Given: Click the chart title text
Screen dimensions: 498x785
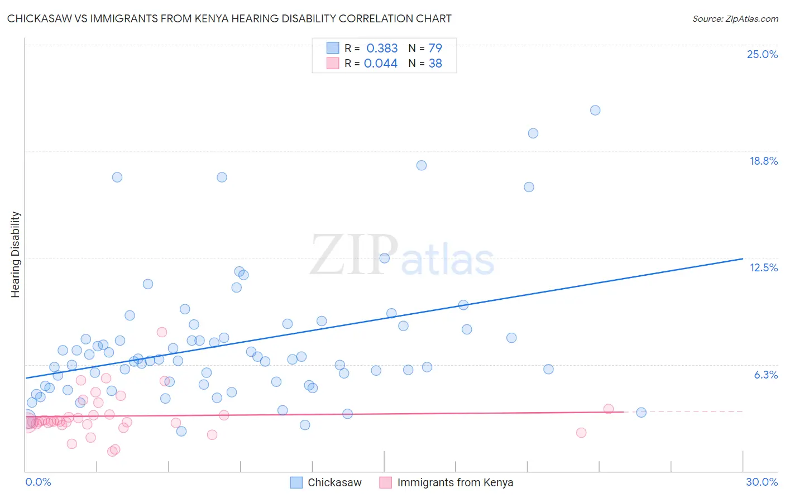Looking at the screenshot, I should coord(229,19).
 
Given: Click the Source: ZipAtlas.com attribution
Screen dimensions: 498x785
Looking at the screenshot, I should coord(735,19).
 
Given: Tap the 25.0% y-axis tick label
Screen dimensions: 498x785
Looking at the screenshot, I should coord(762,54).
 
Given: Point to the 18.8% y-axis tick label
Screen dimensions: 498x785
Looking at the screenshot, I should coord(763,161).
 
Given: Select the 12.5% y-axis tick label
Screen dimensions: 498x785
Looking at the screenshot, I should coord(763,267).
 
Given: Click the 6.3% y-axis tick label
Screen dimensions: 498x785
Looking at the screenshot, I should coord(765,375).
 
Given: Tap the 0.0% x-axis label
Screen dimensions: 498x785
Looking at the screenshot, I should coord(38,482).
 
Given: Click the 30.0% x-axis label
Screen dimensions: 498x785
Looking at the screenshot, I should coord(762,482).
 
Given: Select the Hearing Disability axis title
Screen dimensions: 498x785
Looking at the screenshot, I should coord(16,255).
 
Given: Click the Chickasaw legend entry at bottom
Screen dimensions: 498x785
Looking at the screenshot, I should coord(334,482).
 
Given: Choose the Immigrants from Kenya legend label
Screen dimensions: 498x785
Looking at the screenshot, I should coord(455,482).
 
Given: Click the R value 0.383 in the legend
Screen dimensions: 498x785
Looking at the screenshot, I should coord(382,49).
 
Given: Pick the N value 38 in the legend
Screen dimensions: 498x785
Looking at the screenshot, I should coord(435,64).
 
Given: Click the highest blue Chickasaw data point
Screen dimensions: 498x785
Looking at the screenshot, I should coord(595,111).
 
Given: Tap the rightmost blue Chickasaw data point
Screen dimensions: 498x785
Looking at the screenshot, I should coord(641,413).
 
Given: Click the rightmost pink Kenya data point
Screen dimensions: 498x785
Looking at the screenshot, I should coord(609,409).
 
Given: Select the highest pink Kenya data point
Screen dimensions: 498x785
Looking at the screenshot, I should coord(162,332).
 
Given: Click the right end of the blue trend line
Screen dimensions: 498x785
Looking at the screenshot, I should coord(743,258).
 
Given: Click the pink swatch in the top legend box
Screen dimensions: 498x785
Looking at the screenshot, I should coord(333,64).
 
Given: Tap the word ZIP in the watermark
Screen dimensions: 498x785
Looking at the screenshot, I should coord(354,256).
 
